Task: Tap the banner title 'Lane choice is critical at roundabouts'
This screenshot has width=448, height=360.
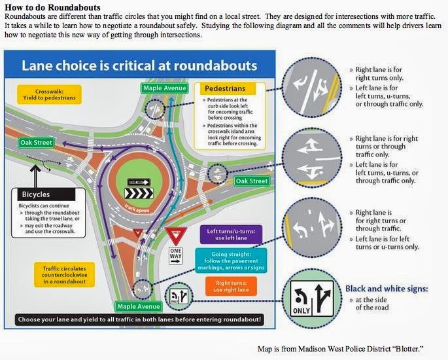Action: click(139, 65)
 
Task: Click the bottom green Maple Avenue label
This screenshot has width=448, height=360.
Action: click(138, 306)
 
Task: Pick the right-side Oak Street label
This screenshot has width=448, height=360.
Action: click(251, 181)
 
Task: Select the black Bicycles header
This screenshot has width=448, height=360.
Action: click(44, 194)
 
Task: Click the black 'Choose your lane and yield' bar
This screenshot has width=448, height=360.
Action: click(139, 319)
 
